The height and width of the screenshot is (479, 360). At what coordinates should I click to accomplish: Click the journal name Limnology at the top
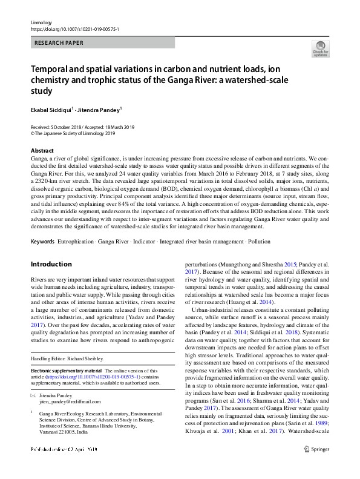click(x=41, y=21)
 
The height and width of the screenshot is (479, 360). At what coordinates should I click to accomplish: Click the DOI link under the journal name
click(x=74, y=28)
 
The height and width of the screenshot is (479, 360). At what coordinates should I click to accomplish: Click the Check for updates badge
click(x=320, y=49)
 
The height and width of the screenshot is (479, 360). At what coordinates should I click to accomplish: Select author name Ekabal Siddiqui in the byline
click(x=51, y=110)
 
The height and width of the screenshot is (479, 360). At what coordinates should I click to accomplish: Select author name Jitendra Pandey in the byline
click(x=100, y=110)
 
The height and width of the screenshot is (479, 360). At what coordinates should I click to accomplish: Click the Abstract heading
click(x=42, y=150)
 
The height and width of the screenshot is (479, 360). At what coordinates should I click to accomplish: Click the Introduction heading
click(x=51, y=265)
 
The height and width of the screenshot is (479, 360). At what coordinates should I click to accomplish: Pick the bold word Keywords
click(x=42, y=242)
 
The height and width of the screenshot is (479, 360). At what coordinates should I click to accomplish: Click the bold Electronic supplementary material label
click(x=66, y=370)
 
